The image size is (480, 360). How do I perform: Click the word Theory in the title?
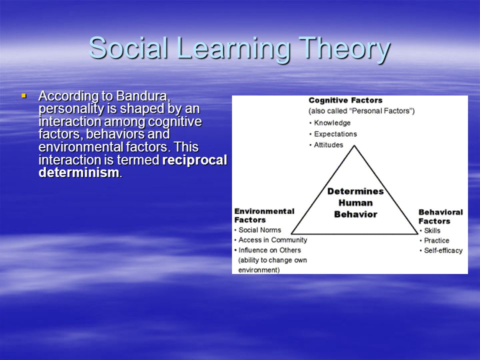click(344, 49)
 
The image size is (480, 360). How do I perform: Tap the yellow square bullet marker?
click(24, 96)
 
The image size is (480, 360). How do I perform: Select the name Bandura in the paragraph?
click(143, 96)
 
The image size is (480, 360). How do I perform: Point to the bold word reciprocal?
click(194, 160)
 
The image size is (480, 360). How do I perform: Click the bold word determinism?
click(79, 172)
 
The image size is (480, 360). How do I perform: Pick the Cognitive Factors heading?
click(345, 100)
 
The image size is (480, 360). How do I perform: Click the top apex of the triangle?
click(354, 146)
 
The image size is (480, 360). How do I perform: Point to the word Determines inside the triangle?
click(355, 191)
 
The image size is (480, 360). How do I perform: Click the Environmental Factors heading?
click(264, 215)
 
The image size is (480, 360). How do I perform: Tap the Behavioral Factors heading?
click(440, 216)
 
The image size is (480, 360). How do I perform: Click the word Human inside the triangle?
click(355, 203)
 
